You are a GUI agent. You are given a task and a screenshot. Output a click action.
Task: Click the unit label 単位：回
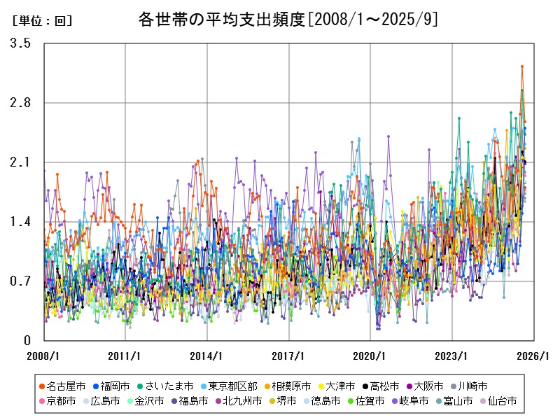(x=42, y=21)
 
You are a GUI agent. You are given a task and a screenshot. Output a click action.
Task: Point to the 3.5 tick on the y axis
(x=20, y=43)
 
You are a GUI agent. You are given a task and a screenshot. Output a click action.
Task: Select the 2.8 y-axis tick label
(x=20, y=103)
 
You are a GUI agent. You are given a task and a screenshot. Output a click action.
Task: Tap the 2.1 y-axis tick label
(x=20, y=162)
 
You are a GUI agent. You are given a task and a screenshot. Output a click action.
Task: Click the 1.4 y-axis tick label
(x=20, y=222)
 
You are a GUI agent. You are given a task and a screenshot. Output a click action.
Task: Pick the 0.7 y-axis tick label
(x=20, y=281)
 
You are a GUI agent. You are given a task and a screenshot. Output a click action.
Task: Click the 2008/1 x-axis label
(x=43, y=355)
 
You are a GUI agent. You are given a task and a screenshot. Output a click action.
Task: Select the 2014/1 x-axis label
(x=206, y=355)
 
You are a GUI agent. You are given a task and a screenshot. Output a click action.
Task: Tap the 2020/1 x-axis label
(x=370, y=355)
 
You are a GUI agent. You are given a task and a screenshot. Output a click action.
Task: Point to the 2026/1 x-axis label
(x=534, y=355)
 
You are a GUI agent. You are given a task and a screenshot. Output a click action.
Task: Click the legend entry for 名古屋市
(x=67, y=386)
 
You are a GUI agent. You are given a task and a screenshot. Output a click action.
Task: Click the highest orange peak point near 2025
(x=522, y=66)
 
